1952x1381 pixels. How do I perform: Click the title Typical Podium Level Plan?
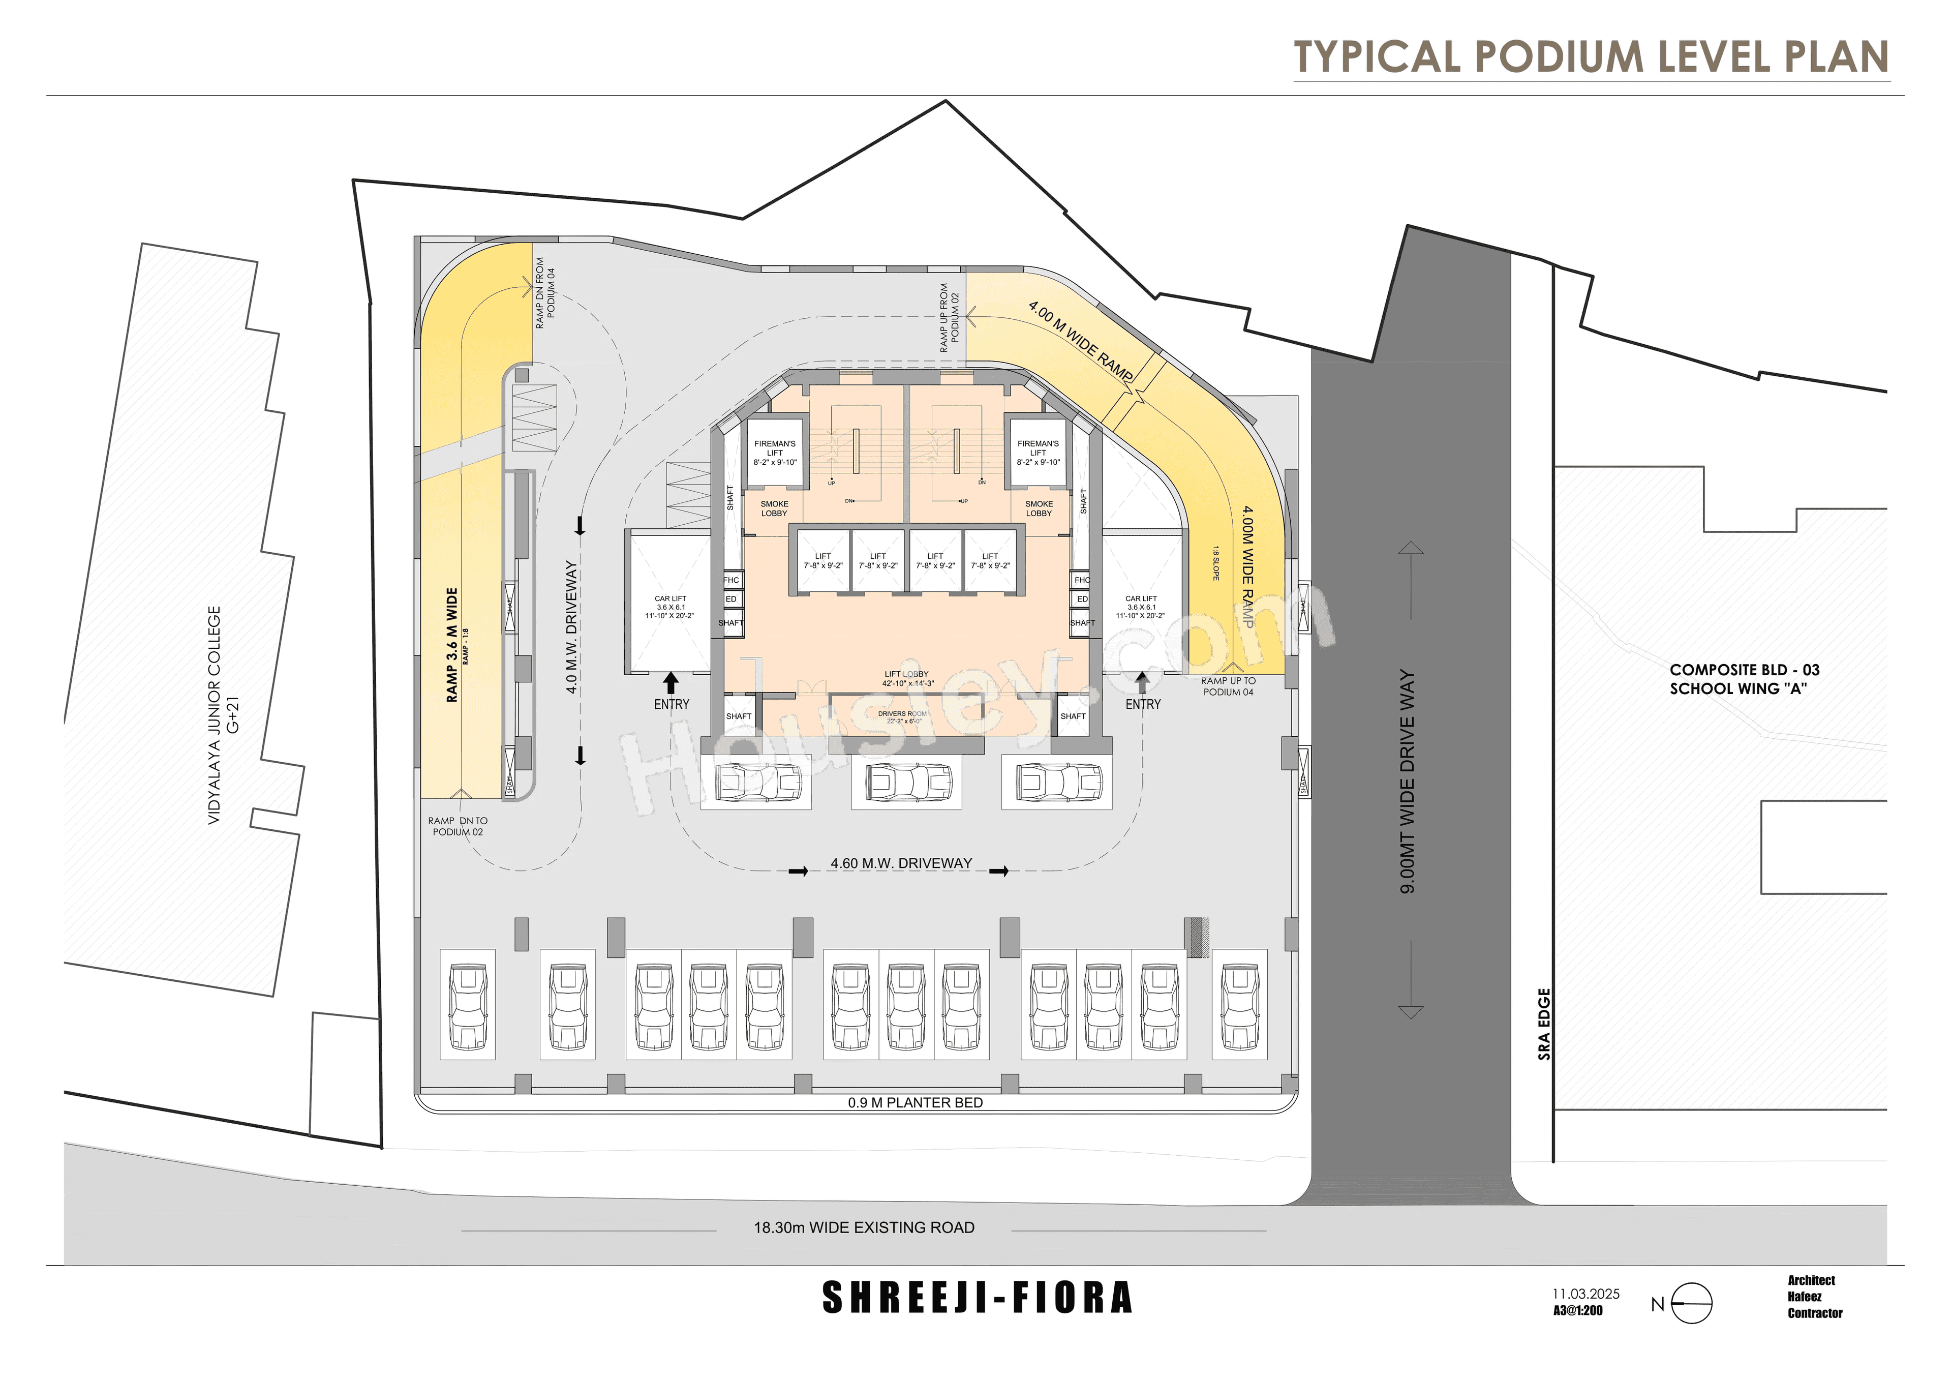[x=1591, y=57]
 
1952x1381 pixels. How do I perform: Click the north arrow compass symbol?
[x=1690, y=1303]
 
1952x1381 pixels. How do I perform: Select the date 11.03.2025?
[x=1585, y=1294]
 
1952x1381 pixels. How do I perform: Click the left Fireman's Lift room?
[x=775, y=453]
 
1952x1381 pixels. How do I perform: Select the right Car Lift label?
[x=1140, y=606]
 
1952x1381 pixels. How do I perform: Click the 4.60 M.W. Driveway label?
[x=901, y=863]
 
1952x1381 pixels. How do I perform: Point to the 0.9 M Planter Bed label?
[x=915, y=1102]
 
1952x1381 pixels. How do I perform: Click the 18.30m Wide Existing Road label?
[x=864, y=1227]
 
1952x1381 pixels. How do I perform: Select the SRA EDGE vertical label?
[x=1544, y=1024]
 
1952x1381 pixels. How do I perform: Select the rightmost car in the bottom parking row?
[x=1239, y=1006]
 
